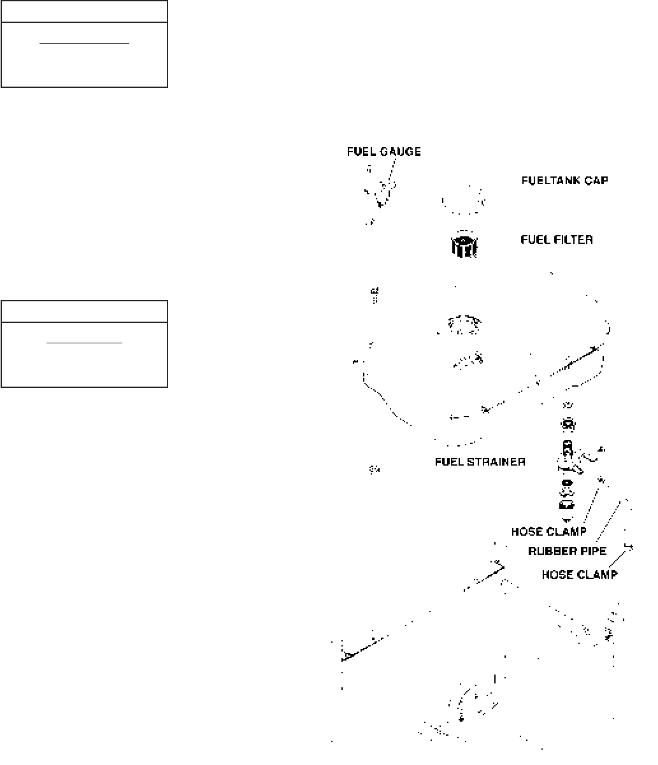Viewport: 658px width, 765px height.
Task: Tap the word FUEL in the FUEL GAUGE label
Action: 360,152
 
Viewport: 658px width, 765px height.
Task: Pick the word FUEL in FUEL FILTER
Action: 534,240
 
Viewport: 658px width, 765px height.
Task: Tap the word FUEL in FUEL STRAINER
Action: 448,462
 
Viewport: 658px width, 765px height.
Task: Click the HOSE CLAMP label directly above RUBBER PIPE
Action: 548,531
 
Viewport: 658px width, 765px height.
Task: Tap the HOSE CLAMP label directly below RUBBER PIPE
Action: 579,575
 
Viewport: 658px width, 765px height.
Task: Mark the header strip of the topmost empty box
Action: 84,11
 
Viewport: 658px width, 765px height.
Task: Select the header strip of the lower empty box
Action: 84,311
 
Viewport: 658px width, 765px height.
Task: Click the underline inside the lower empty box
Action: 84,343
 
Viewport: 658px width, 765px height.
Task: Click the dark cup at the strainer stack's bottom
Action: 566,505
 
